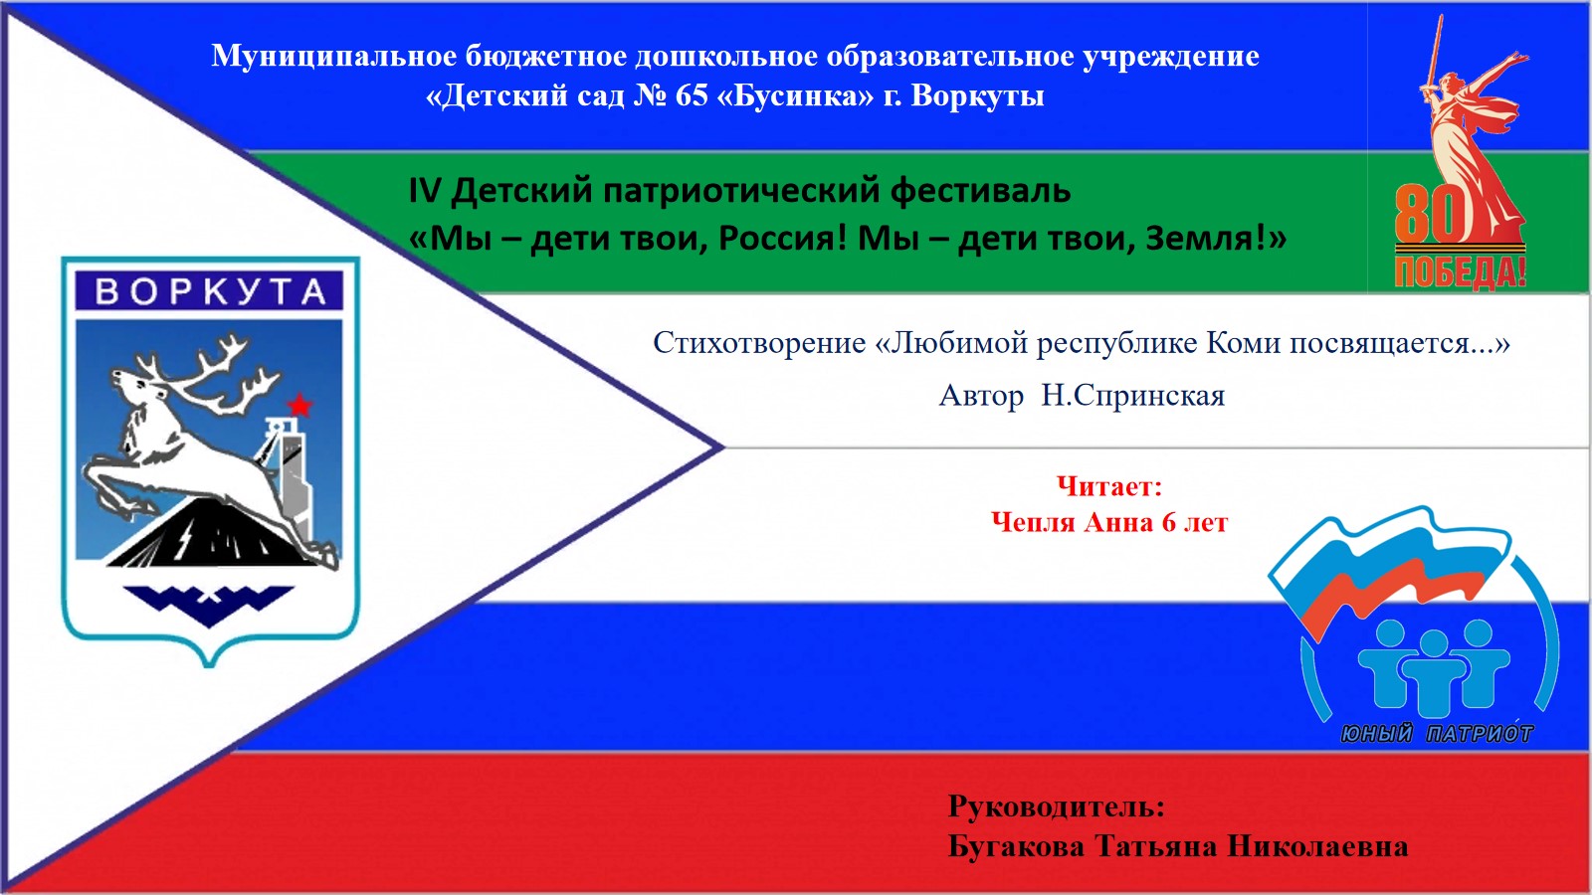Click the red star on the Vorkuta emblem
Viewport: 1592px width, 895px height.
(x=299, y=406)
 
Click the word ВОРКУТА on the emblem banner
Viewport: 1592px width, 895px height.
(x=210, y=291)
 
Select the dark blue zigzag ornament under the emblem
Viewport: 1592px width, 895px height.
(x=209, y=605)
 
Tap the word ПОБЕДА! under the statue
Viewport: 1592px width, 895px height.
(x=1461, y=272)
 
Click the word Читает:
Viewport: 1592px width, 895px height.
(x=1109, y=486)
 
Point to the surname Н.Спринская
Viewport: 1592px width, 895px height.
(x=1133, y=396)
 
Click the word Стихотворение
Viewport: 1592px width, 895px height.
(x=759, y=343)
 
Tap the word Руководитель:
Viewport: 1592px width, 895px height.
(x=1056, y=806)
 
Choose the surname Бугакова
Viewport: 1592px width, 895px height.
(x=1016, y=846)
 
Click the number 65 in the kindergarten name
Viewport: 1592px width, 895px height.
(x=692, y=95)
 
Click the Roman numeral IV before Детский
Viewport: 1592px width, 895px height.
(x=424, y=190)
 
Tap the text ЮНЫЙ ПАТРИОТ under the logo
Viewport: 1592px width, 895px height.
(x=1437, y=733)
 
